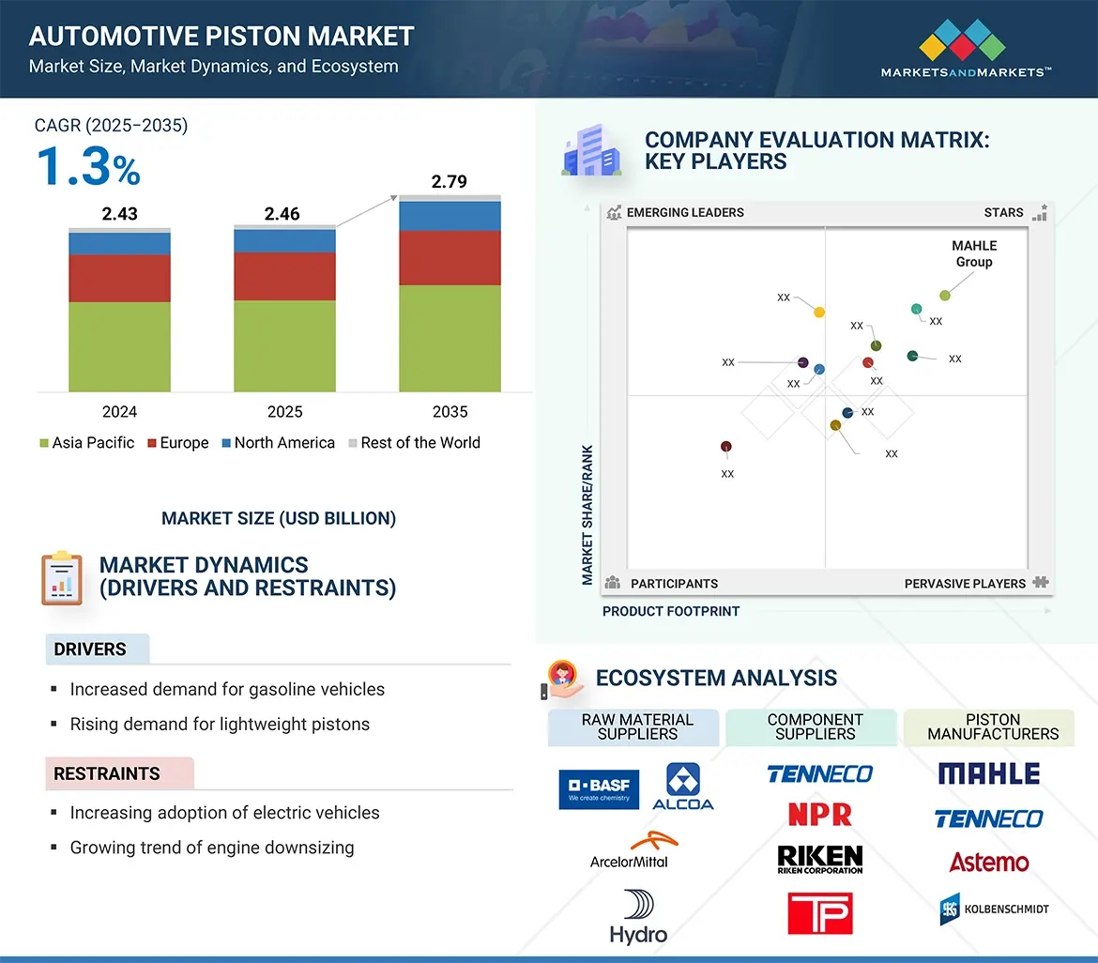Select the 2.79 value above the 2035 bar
pos(449,181)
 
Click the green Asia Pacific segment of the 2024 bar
pos(119,346)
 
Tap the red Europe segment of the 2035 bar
pos(450,258)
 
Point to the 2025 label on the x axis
pos(284,412)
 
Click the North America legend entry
pos(277,443)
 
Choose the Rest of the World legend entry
pos(413,443)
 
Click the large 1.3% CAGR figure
pos(88,168)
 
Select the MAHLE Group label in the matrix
pos(974,253)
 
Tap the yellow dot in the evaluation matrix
pos(819,312)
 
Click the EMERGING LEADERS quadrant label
pos(684,212)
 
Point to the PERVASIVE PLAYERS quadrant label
pos(965,584)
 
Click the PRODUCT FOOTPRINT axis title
pos(671,611)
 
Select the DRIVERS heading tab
pos(91,650)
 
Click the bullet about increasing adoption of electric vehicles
pos(224,813)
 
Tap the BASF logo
pos(599,789)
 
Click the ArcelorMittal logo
pos(629,850)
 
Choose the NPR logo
pos(819,815)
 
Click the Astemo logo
pos(988,862)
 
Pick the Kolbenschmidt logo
pos(994,909)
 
